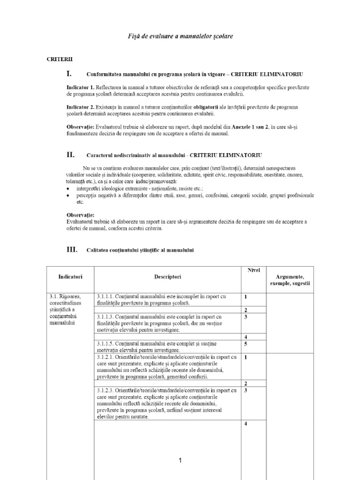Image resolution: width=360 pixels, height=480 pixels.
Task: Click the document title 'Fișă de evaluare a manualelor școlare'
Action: [180, 36]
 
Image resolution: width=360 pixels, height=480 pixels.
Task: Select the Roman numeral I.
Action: [69, 74]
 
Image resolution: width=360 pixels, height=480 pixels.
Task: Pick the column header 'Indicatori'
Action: [70, 277]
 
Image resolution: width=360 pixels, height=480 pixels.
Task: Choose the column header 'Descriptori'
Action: [168, 277]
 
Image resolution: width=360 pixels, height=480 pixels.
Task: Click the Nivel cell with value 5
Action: [246, 344]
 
